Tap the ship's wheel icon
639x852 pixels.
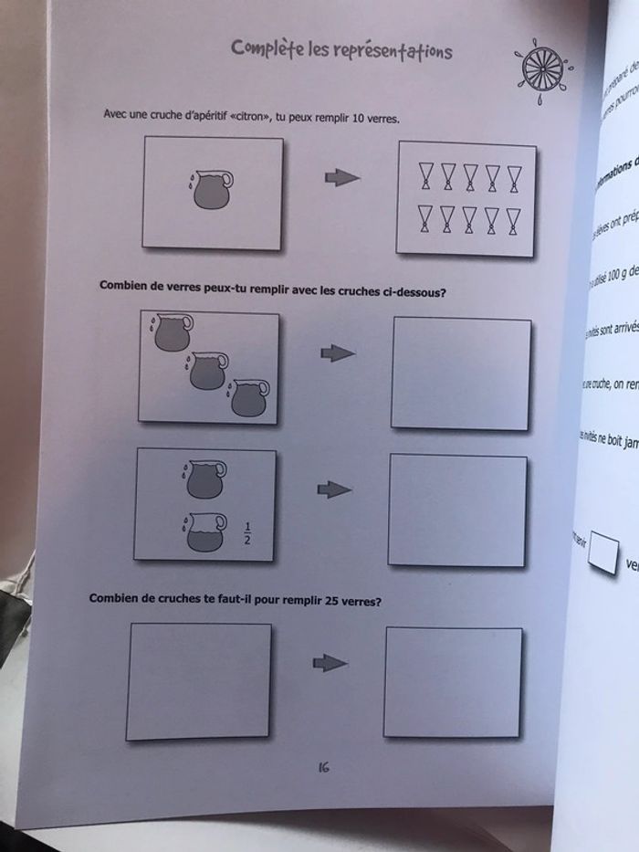pos(540,67)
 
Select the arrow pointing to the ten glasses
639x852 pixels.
pos(342,178)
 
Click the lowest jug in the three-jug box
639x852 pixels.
pos(248,398)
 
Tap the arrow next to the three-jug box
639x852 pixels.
pos(337,353)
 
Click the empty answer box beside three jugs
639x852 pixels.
pos(460,373)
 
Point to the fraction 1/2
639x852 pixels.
pos(247,532)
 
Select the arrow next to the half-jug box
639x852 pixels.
pos(334,490)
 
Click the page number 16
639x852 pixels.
pos(323,768)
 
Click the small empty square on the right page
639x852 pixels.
pos(604,554)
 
